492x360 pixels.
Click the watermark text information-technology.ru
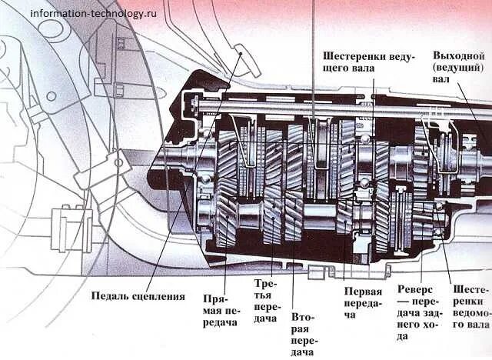point(93,13)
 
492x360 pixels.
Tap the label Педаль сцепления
point(138,295)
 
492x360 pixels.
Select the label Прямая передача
point(220,310)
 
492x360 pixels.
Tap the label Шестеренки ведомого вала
point(471,305)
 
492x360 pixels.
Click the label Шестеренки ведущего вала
point(361,62)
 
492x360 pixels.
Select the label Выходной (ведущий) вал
point(459,67)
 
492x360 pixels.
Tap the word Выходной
point(459,55)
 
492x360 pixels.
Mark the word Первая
point(363,292)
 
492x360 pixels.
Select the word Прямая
point(220,298)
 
